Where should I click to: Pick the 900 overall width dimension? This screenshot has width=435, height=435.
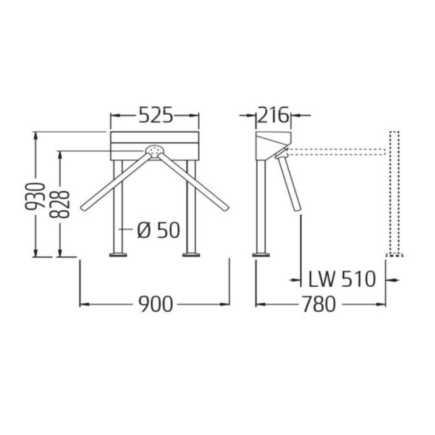(155, 304)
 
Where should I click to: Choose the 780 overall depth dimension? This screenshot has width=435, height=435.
(319, 304)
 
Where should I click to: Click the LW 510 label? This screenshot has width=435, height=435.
(342, 279)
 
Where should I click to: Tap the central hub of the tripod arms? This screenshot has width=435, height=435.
(154, 150)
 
